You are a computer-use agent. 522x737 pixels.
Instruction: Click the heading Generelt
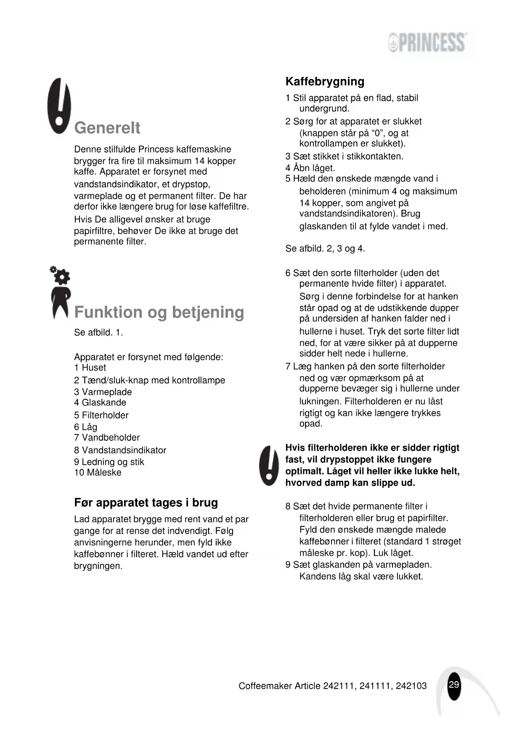(107, 128)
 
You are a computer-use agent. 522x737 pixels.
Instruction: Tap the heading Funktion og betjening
(159, 312)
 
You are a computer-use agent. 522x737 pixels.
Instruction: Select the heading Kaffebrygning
(325, 82)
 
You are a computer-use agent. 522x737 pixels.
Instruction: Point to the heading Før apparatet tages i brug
(146, 503)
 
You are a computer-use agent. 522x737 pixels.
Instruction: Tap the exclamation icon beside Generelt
(59, 106)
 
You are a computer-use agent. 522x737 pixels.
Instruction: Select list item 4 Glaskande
(100, 403)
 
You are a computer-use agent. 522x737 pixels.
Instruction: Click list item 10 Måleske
(98, 472)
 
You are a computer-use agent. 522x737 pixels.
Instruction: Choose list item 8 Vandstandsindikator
(120, 450)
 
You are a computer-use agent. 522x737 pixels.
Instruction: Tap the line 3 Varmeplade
(103, 392)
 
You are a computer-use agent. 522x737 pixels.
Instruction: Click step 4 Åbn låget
(310, 168)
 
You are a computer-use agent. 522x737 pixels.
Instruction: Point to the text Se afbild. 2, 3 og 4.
(325, 248)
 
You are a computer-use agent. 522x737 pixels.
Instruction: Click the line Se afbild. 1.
(98, 332)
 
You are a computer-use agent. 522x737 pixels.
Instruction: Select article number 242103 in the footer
(411, 686)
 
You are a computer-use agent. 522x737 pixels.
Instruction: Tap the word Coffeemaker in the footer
(265, 686)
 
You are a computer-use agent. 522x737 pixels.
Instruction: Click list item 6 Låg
(86, 427)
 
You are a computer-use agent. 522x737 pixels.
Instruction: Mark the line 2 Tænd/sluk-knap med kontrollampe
(150, 380)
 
